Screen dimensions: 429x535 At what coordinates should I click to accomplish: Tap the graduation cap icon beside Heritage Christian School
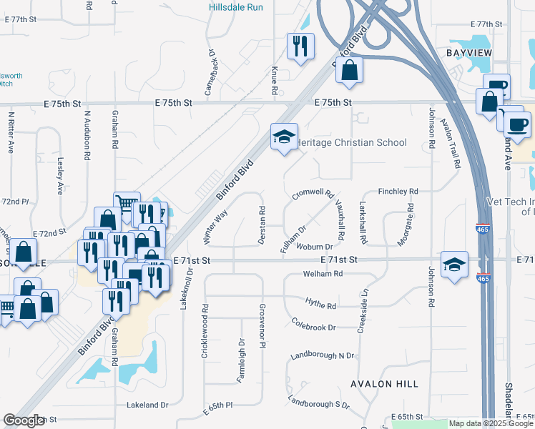(284, 136)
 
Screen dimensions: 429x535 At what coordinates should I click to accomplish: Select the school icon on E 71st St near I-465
(455, 265)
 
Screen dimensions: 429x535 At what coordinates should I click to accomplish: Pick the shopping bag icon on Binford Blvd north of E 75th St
(348, 71)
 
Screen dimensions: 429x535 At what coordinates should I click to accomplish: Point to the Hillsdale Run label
(236, 7)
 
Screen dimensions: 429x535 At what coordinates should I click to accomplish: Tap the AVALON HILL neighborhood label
(384, 384)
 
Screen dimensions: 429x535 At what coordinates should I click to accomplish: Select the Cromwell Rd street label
(313, 194)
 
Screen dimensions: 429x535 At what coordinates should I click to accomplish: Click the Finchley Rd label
(398, 192)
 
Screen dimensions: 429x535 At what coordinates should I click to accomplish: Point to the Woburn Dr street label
(315, 247)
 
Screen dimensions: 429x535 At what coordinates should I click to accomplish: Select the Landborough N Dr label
(323, 355)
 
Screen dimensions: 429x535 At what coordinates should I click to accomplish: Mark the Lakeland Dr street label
(147, 405)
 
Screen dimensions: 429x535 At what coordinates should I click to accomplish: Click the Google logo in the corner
(24, 420)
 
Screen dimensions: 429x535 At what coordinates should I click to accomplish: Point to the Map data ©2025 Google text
(490, 423)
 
